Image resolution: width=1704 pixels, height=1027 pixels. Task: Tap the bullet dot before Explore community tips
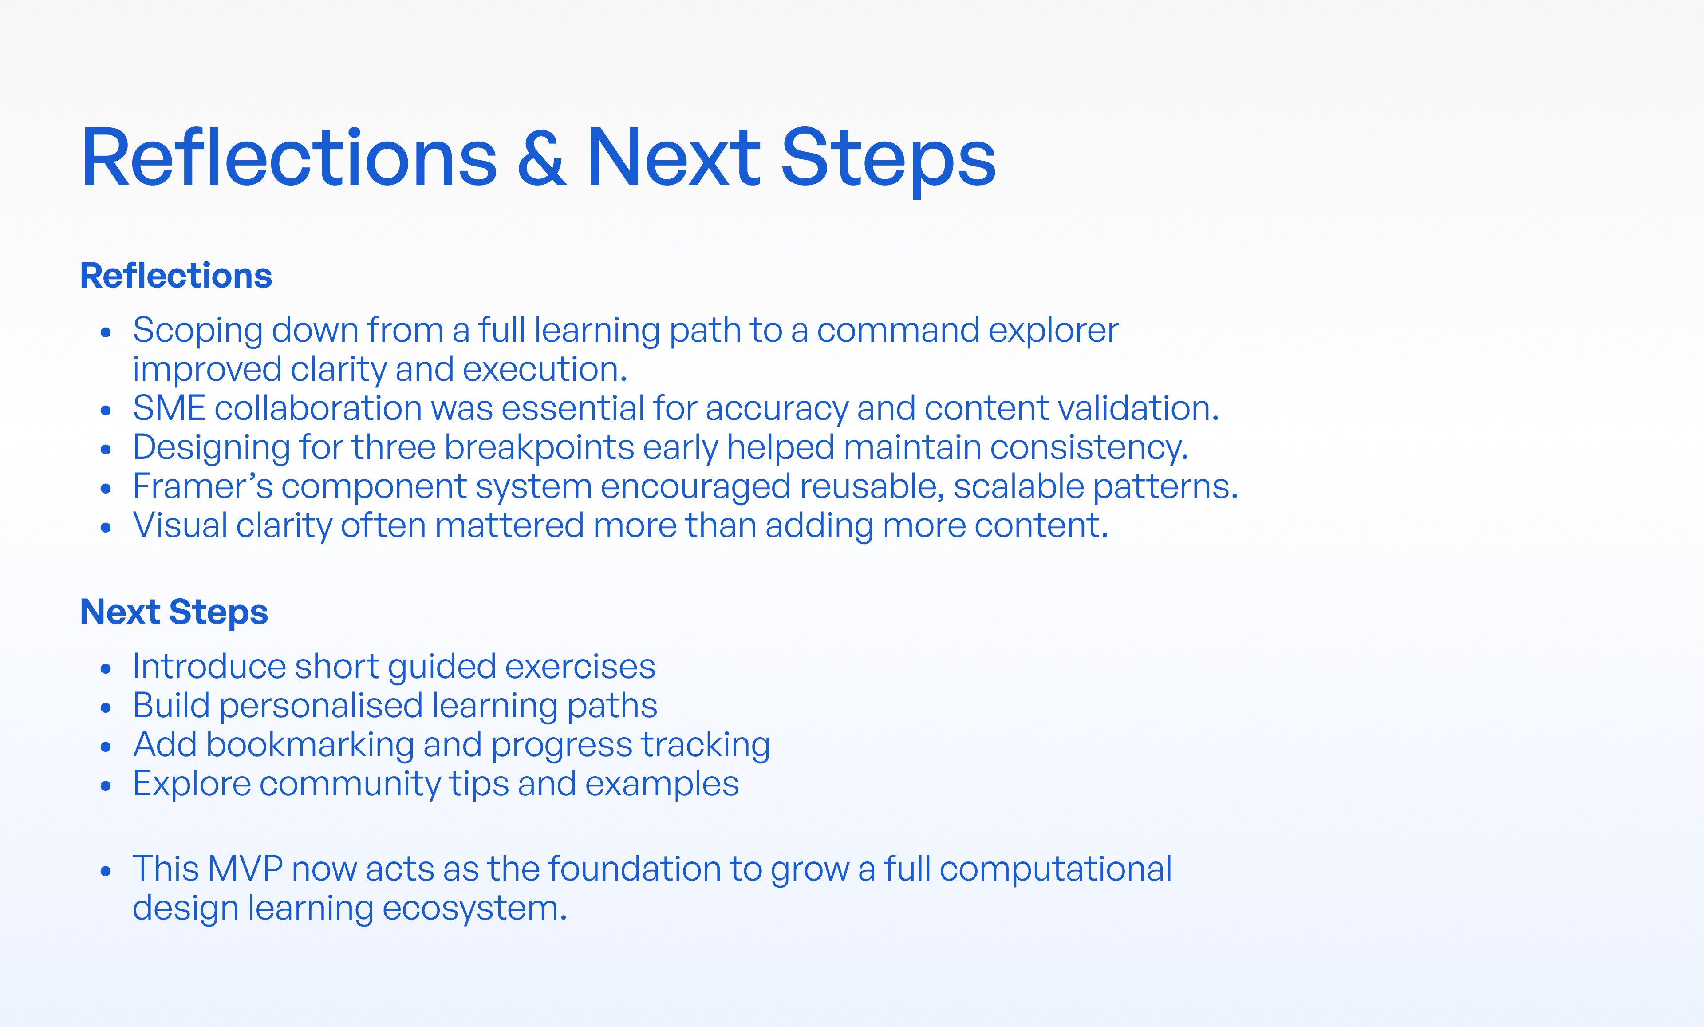pos(106,786)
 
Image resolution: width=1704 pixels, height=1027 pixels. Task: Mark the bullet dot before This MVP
pos(106,871)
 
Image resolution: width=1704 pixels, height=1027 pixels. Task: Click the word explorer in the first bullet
pos(1053,331)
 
